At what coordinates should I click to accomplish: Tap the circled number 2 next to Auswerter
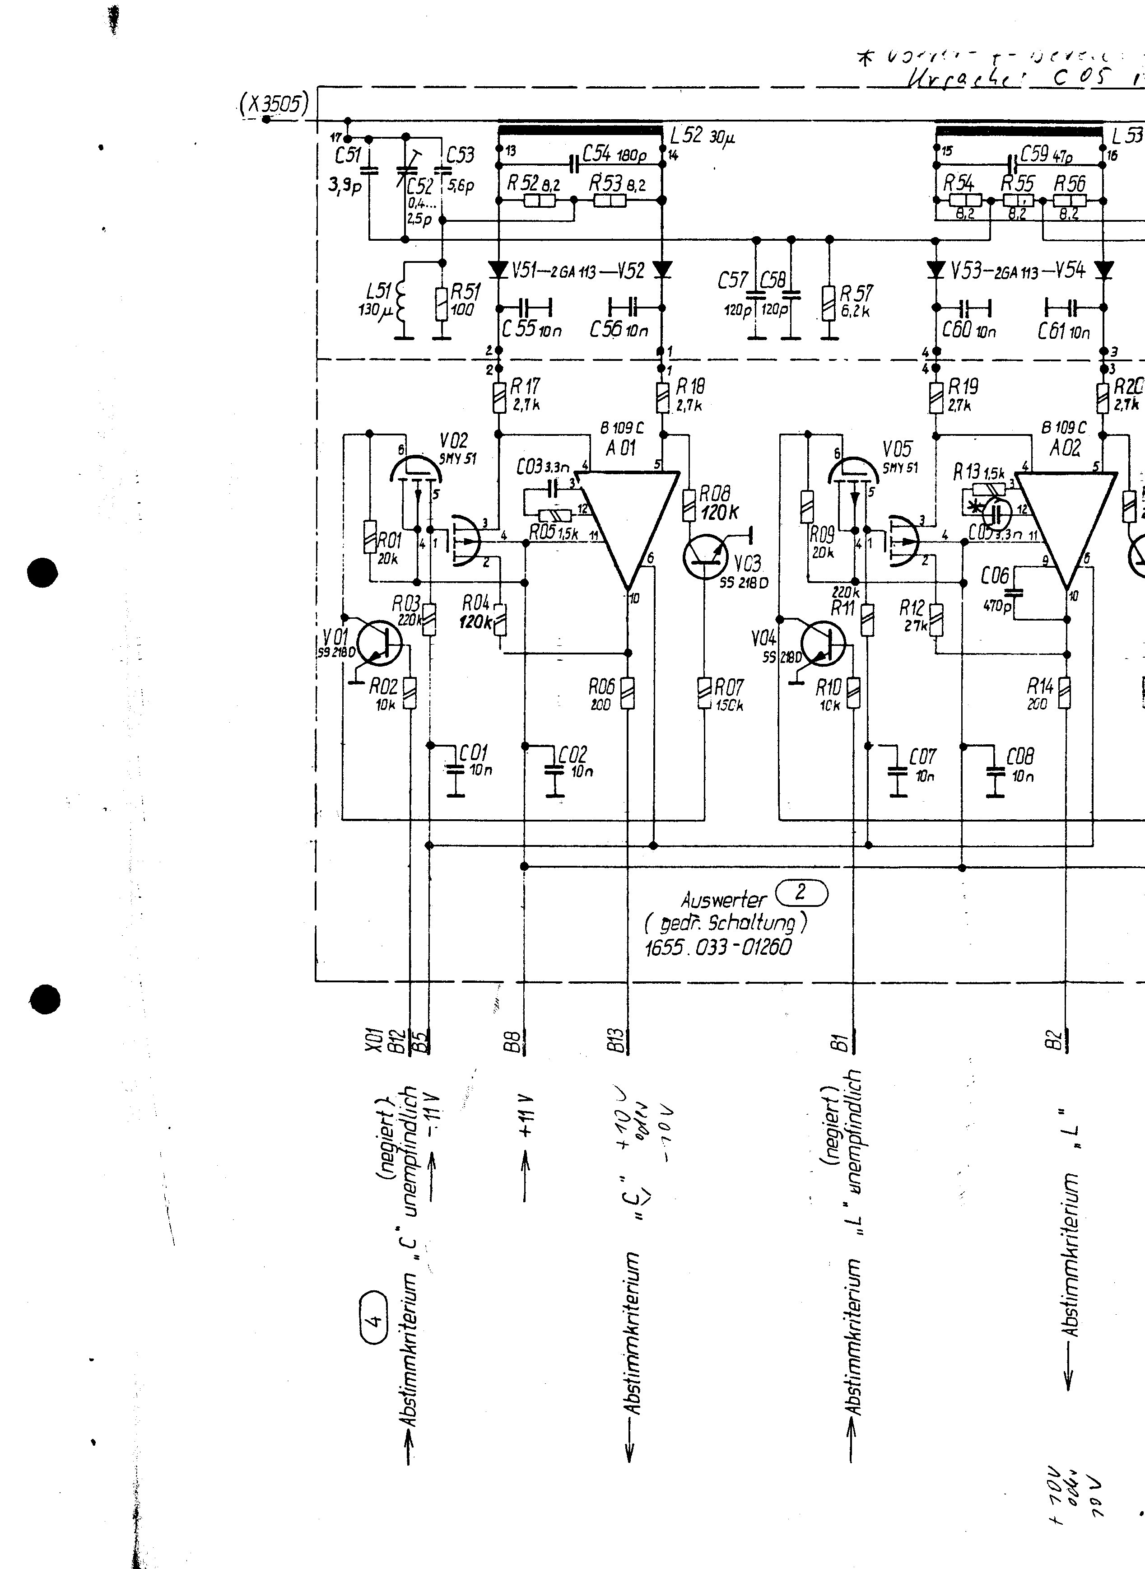(x=802, y=893)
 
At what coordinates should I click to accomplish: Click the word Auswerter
(x=723, y=900)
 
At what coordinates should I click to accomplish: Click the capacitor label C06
(x=995, y=575)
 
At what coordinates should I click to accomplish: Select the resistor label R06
(x=601, y=686)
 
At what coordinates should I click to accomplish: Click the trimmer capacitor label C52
(x=419, y=186)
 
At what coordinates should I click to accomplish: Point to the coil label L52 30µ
(x=702, y=136)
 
